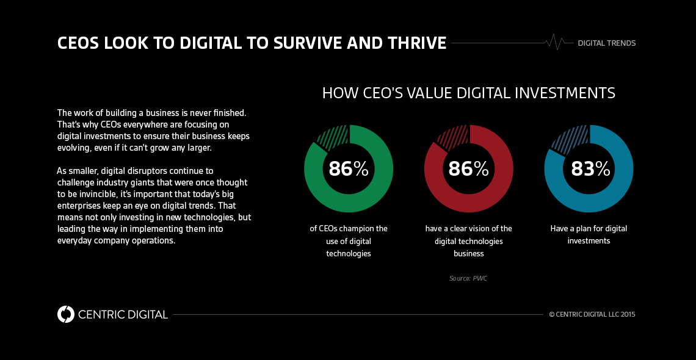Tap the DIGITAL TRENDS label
click(x=606, y=43)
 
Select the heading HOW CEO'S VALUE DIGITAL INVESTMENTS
click(x=468, y=93)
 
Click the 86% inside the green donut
click(x=349, y=168)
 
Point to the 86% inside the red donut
click(x=468, y=168)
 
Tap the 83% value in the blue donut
click(x=590, y=168)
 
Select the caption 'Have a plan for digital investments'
click(x=589, y=234)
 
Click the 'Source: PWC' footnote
click(x=468, y=278)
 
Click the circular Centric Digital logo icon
click(x=65, y=314)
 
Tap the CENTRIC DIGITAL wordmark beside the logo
click(x=123, y=315)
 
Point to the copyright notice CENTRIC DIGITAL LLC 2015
click(x=592, y=315)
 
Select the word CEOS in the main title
click(x=79, y=43)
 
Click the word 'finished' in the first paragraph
click(x=227, y=113)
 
